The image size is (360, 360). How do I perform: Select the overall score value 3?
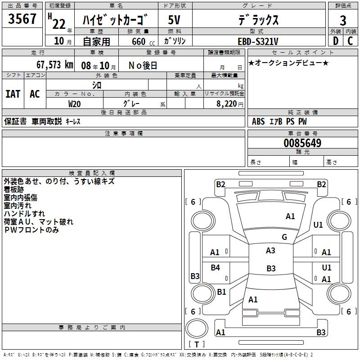343,20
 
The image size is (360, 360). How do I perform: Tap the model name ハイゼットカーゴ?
116,20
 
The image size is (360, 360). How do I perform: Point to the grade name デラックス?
258,20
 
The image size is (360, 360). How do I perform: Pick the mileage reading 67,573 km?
54,65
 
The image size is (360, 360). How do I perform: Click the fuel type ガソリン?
175,41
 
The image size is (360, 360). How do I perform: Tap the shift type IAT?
13,94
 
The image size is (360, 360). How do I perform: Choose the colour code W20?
75,103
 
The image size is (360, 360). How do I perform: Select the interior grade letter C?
350,41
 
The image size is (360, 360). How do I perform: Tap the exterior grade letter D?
335,41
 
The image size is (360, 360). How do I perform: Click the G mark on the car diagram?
284,237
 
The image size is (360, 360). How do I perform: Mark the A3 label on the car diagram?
270,251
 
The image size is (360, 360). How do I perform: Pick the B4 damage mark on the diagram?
215,268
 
